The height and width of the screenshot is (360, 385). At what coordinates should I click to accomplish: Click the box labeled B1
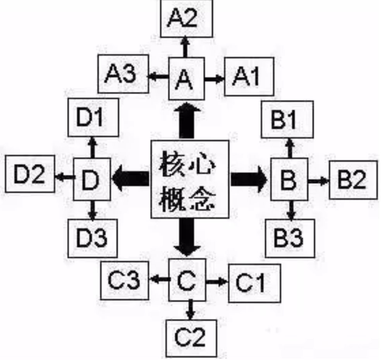coord(287,119)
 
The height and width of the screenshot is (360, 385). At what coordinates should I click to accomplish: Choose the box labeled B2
coord(353,180)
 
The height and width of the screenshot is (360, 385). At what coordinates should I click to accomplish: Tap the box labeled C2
coord(189,338)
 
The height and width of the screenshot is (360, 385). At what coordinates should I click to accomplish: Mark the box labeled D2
coord(30,177)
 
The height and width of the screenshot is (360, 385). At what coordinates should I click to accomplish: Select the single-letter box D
coord(92,179)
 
